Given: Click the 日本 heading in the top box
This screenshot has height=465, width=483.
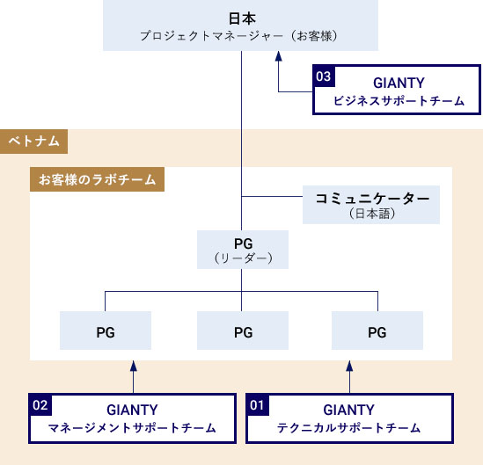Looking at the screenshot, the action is (242, 18).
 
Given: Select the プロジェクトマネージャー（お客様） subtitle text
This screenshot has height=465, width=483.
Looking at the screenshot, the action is (239, 36).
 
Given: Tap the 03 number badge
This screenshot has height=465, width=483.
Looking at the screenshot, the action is (324, 76).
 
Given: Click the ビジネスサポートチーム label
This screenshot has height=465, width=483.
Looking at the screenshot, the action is (399, 101).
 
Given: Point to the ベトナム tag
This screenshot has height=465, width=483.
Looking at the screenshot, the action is (34, 142).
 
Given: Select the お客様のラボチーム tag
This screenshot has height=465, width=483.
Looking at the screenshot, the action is (97, 179).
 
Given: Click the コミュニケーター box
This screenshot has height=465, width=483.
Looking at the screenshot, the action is (371, 205).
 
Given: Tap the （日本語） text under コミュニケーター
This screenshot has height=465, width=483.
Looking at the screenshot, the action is (372, 214).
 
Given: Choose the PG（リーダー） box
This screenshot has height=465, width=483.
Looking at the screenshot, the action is (243, 250).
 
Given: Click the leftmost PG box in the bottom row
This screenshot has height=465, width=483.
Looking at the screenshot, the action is (106, 331).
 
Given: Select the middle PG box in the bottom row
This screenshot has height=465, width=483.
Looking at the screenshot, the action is (243, 331).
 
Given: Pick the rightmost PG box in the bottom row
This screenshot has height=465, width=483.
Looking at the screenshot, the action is (377, 331).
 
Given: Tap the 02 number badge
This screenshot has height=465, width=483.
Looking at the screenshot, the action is (40, 405).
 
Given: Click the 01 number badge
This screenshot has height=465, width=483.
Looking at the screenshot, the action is (258, 405).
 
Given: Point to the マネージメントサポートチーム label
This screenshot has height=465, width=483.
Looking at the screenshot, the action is (132, 428).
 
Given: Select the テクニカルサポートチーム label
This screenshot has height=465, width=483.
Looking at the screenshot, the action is (349, 428).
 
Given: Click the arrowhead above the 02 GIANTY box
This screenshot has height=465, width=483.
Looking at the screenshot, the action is (134, 366).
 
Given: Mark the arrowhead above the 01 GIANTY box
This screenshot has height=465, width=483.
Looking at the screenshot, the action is (349, 366).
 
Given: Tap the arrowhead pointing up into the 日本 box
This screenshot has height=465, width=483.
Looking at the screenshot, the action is (279, 56).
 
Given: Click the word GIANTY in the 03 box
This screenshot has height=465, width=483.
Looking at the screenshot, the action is (399, 83).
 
